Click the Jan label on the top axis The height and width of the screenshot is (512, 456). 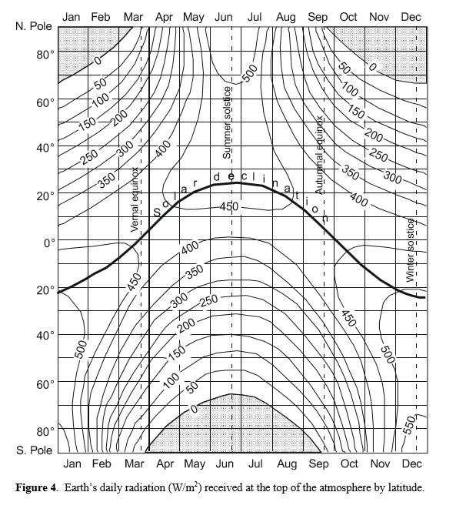coord(71,16)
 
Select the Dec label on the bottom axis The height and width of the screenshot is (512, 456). coord(411,463)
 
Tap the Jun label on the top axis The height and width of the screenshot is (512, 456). coord(225,16)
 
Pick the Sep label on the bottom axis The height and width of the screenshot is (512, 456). coord(318,463)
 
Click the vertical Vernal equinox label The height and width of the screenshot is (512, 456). coord(135,199)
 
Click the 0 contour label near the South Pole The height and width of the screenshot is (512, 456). coord(194,410)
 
